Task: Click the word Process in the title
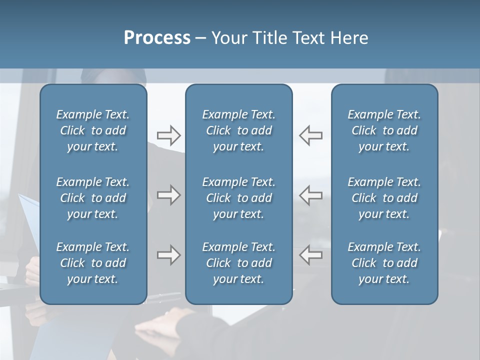(x=157, y=38)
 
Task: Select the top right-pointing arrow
(x=168, y=135)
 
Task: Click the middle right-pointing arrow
(x=168, y=195)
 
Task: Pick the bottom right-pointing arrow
(x=168, y=255)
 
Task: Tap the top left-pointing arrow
(x=310, y=135)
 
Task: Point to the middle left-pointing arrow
(x=310, y=195)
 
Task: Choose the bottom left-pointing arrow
(x=310, y=255)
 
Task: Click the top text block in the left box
(x=93, y=130)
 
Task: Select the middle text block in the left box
(x=93, y=198)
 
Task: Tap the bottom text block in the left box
(x=93, y=263)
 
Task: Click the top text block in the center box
(x=238, y=130)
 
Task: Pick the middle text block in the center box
(x=238, y=198)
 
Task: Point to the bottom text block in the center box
(x=238, y=263)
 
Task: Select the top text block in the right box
(x=384, y=130)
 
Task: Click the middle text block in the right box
(x=384, y=198)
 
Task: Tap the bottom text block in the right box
(x=384, y=263)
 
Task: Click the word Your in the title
(x=227, y=38)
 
